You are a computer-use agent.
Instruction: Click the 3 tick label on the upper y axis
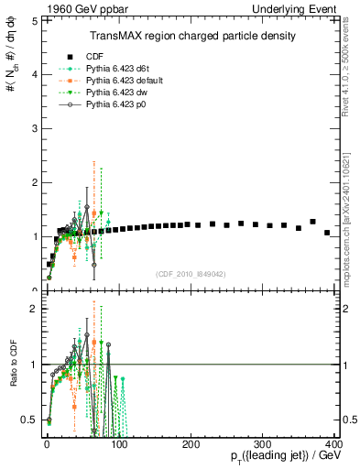33,127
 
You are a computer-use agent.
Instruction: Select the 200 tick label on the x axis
191,442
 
